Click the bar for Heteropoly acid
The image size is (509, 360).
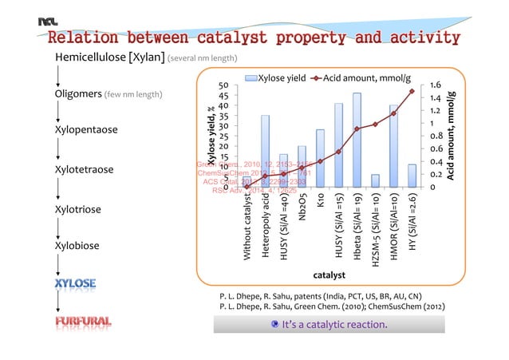[x=265, y=151]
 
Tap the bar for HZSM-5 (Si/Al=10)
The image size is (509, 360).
[x=375, y=180]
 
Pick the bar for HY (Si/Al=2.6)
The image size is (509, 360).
[x=412, y=176]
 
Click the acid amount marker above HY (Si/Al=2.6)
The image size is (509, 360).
[x=412, y=91]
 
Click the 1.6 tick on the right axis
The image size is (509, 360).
[x=436, y=85]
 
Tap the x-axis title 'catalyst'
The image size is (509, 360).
[x=329, y=275]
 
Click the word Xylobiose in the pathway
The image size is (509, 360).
[x=77, y=246]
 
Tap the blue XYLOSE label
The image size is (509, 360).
[x=76, y=283]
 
